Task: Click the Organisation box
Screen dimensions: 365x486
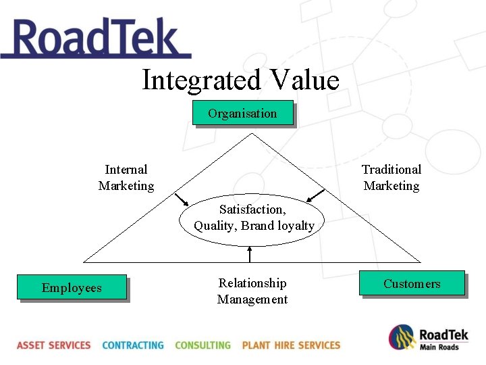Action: (243, 114)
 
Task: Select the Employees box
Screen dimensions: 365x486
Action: (72, 287)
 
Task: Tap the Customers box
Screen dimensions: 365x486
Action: (412, 283)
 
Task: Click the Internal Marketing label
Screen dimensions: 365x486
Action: (126, 177)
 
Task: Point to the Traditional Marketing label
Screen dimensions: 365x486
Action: (391, 177)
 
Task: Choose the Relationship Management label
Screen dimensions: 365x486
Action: (252, 291)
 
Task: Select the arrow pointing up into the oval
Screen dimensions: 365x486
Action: (250, 254)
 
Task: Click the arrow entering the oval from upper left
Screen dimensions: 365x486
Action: (182, 200)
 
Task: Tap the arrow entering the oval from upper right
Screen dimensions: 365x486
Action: (315, 195)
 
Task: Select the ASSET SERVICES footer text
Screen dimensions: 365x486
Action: (54, 345)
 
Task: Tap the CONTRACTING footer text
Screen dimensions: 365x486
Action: (133, 345)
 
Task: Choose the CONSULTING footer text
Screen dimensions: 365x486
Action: (202, 345)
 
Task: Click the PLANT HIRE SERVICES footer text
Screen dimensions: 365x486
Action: (291, 345)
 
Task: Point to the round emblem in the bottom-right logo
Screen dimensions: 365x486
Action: (402, 337)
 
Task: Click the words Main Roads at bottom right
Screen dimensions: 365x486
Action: (439, 347)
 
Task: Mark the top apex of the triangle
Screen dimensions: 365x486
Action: (251, 132)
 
